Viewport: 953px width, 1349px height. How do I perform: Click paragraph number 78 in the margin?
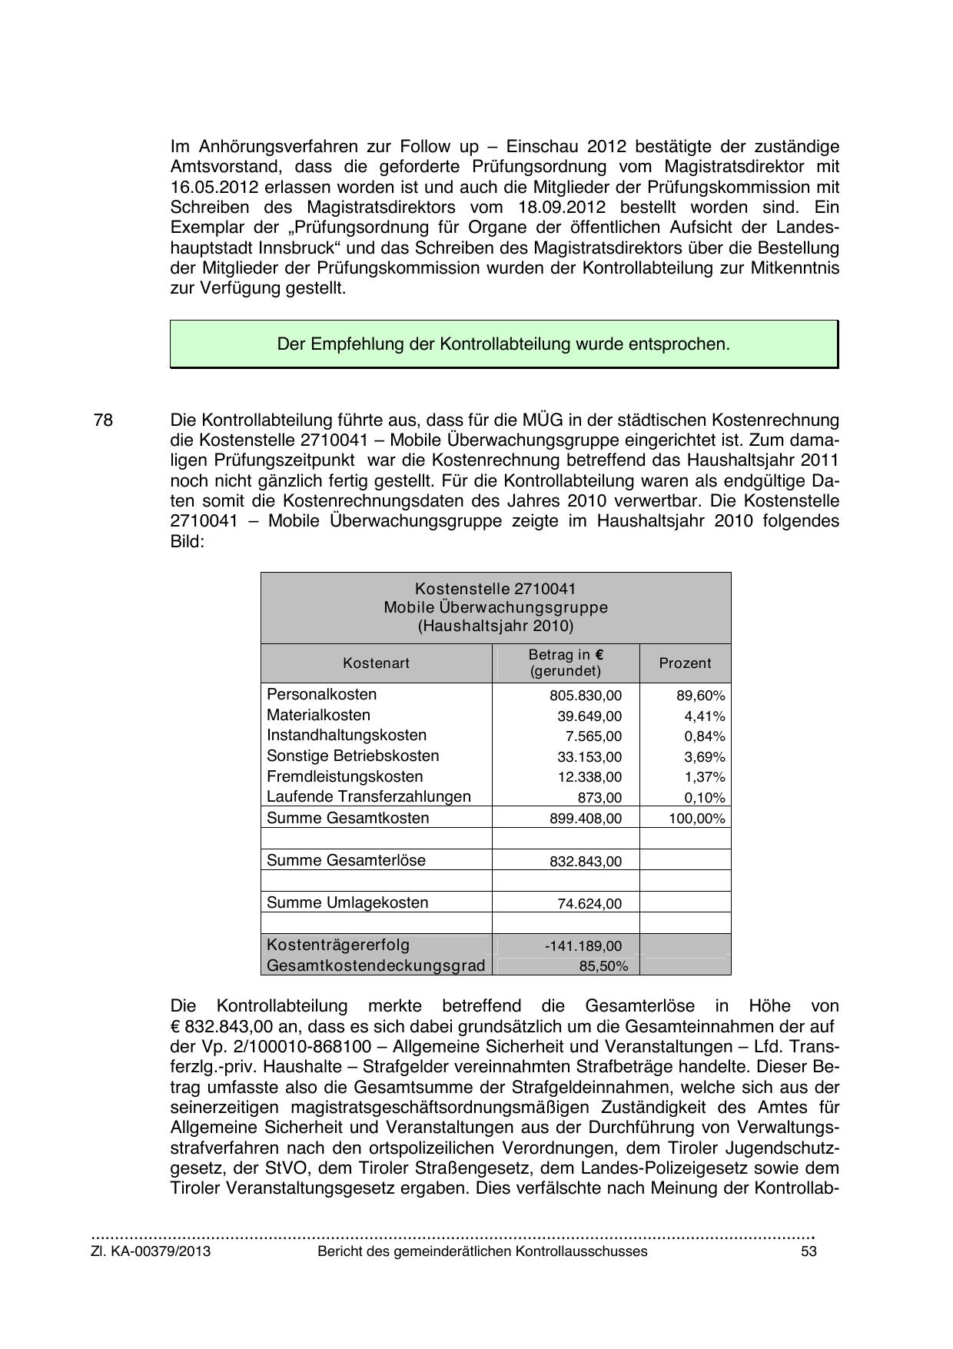[x=103, y=420]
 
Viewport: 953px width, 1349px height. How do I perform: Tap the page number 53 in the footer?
[x=808, y=1251]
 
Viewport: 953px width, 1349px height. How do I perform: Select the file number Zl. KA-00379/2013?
[x=151, y=1251]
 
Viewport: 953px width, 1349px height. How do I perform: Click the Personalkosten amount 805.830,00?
[x=586, y=696]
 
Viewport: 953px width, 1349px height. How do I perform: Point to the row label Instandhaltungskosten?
[x=347, y=736]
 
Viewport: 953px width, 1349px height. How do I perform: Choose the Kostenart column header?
[x=376, y=663]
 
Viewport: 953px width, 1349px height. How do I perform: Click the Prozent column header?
[x=685, y=663]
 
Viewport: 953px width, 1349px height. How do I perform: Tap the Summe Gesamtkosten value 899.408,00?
[x=586, y=819]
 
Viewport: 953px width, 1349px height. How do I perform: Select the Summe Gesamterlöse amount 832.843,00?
[x=586, y=862]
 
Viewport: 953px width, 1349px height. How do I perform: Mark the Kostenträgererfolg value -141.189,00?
[x=583, y=946]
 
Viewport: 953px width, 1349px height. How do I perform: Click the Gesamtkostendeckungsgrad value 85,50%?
[x=603, y=966]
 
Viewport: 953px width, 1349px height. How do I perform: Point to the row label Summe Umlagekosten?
[x=347, y=903]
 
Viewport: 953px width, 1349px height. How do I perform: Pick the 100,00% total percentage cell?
[x=696, y=819]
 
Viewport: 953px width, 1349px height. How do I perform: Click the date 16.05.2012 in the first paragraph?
[x=212, y=187]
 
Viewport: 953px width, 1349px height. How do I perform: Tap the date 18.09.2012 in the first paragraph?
[x=556, y=208]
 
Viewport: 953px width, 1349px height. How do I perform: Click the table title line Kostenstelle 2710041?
[x=495, y=589]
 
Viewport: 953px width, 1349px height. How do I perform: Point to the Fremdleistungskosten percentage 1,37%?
[x=705, y=777]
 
